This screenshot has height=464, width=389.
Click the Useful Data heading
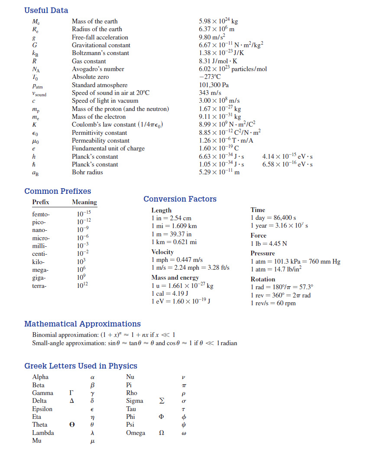(x=46, y=10)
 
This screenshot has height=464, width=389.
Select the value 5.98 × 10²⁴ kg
(x=218, y=21)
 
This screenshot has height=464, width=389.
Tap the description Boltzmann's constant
(x=100, y=53)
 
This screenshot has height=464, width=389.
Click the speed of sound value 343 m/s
(x=210, y=93)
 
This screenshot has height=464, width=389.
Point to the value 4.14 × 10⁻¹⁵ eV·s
(x=288, y=156)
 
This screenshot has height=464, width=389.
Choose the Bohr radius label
(x=88, y=172)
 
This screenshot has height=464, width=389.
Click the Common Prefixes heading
(x=58, y=191)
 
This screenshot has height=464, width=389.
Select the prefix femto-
(x=41, y=214)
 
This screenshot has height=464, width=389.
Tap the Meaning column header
(x=84, y=202)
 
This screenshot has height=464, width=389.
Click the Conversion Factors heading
(x=180, y=199)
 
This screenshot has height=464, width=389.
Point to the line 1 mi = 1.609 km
(x=174, y=226)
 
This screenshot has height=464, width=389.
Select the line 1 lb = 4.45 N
(x=269, y=243)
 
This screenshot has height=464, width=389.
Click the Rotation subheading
(x=263, y=279)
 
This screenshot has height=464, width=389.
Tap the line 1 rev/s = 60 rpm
(x=273, y=303)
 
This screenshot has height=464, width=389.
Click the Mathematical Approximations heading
(x=82, y=324)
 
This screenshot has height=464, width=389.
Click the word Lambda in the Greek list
(x=43, y=433)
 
